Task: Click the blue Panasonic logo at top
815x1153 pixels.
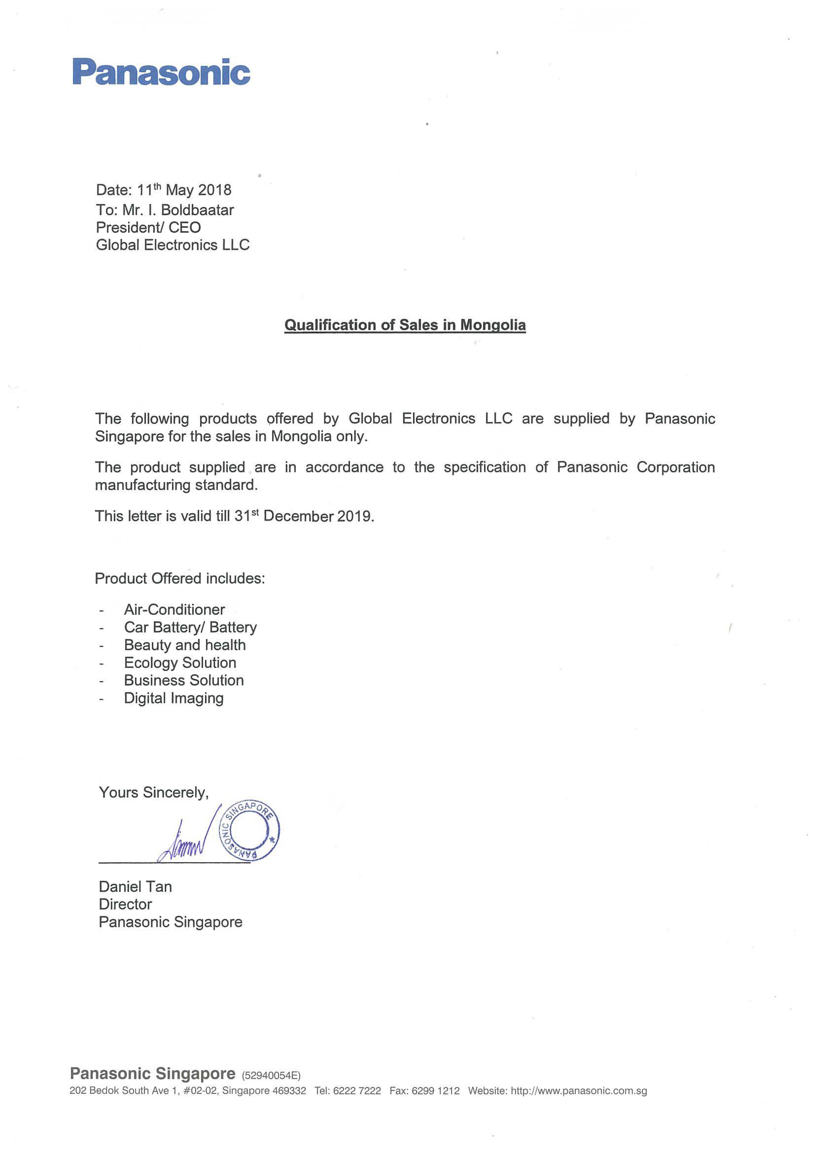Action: (x=161, y=72)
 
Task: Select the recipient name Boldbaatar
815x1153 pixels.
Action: (x=198, y=210)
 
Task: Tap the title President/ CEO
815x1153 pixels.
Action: (x=148, y=227)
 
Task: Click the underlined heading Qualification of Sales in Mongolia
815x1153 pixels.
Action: (x=405, y=325)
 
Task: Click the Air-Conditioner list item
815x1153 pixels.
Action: (x=174, y=610)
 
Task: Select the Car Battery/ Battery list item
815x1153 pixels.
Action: (x=190, y=627)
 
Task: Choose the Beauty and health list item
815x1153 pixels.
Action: (x=185, y=645)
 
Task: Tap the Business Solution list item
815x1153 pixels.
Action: (x=184, y=680)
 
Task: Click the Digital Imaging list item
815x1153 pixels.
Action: (x=174, y=698)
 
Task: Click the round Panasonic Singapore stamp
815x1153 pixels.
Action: (x=249, y=831)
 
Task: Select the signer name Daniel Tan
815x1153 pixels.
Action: (x=135, y=886)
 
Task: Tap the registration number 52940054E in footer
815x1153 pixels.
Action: (x=271, y=1076)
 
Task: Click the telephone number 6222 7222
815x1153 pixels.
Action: (x=357, y=1091)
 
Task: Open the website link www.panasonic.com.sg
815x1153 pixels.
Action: (x=578, y=1091)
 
